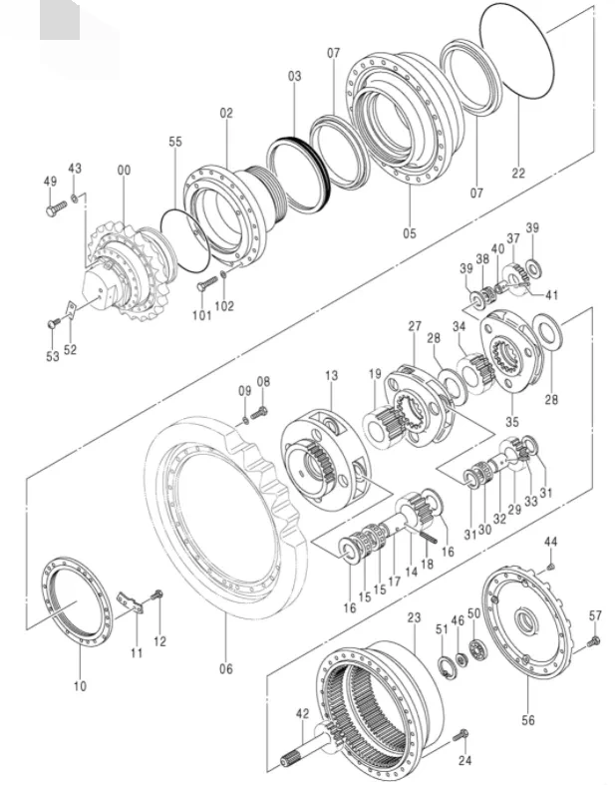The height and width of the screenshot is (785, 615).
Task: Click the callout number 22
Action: click(518, 173)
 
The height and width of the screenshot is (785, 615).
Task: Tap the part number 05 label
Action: click(410, 233)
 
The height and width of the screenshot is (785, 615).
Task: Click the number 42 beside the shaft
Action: click(303, 713)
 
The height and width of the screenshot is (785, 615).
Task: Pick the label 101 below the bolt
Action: click(202, 315)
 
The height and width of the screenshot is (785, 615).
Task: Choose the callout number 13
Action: click(331, 375)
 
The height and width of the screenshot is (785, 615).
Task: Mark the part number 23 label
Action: click(415, 618)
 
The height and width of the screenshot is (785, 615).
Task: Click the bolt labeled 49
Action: click(54, 210)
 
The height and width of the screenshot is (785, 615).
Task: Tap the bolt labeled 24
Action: click(461, 737)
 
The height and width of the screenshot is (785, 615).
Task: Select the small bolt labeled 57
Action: click(595, 640)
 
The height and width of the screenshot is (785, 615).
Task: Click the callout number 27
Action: click(415, 326)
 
